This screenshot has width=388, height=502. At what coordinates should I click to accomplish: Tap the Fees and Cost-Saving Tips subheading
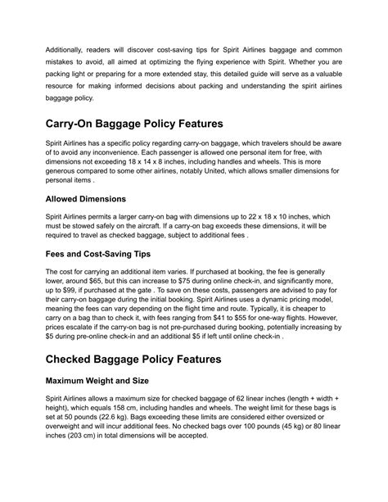114,254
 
